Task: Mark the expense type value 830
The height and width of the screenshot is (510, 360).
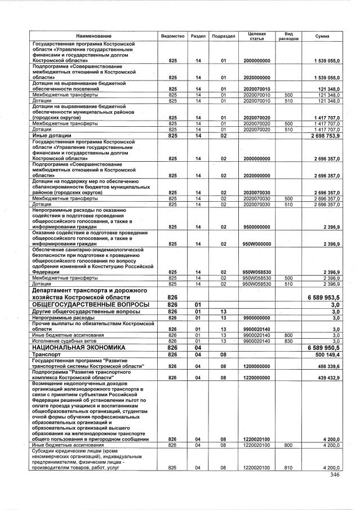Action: tap(288, 341)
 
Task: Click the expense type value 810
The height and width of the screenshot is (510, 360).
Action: tap(288, 468)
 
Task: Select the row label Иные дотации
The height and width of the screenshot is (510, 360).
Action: tap(51, 136)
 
